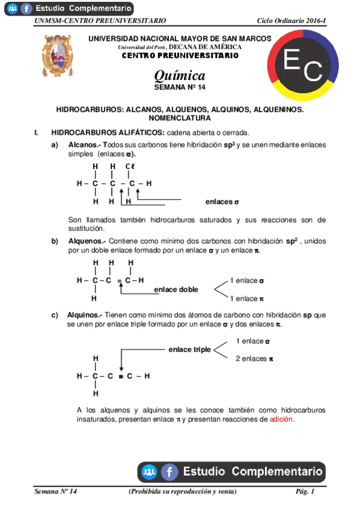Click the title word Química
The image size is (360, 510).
[x=180, y=75]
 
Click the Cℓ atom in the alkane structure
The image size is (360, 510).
[x=130, y=166]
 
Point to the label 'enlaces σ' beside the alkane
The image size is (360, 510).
[x=222, y=201]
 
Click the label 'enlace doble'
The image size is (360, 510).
[x=176, y=289]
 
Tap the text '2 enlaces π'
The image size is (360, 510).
[x=255, y=358]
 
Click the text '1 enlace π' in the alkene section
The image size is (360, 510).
[x=247, y=298]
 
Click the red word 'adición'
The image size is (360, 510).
[x=282, y=419]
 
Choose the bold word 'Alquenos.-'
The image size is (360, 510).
[x=87, y=241]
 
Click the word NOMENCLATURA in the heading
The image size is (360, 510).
[x=180, y=118]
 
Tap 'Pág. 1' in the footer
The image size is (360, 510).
[x=305, y=492]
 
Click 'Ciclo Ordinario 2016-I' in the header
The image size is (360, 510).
[x=291, y=20]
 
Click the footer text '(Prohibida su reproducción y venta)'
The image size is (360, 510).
[x=183, y=492]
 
